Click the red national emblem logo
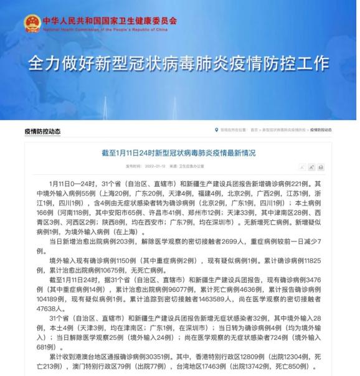(x=32, y=24)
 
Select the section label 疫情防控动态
(x=42, y=131)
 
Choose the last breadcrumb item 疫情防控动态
(x=321, y=130)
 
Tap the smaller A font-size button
(x=302, y=167)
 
